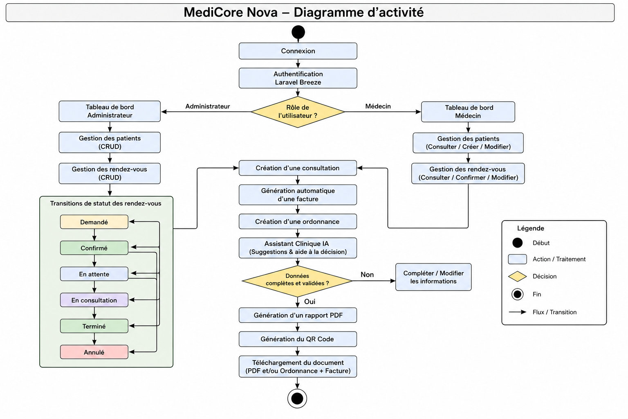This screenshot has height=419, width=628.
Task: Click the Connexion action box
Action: point(298,51)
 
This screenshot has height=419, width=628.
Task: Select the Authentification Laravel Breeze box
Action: point(298,78)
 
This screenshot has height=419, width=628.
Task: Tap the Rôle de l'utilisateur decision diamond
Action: point(298,112)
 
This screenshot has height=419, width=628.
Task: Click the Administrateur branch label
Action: point(207,106)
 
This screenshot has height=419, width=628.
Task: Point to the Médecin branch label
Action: point(378,106)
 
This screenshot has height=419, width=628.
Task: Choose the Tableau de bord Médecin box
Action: point(468,112)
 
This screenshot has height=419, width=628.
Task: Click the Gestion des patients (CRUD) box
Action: point(110,142)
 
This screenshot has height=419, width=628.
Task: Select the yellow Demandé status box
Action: point(94,222)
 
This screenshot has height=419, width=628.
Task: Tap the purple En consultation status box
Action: point(94,300)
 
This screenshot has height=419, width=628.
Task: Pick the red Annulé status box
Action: point(94,352)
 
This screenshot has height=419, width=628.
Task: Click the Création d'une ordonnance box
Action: point(298,221)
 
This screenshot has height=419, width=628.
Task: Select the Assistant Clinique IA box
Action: point(298,248)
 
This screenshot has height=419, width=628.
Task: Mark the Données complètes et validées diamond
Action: point(297,281)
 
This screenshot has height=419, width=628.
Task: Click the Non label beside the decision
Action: point(367,275)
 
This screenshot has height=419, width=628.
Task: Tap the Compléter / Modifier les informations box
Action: point(433,277)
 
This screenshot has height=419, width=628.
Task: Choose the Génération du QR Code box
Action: point(298,339)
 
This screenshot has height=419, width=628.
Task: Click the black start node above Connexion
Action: point(298,32)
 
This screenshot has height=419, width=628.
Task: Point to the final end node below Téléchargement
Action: point(297,399)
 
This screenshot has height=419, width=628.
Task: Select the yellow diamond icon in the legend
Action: point(517,277)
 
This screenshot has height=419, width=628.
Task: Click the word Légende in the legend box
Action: point(530,228)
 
